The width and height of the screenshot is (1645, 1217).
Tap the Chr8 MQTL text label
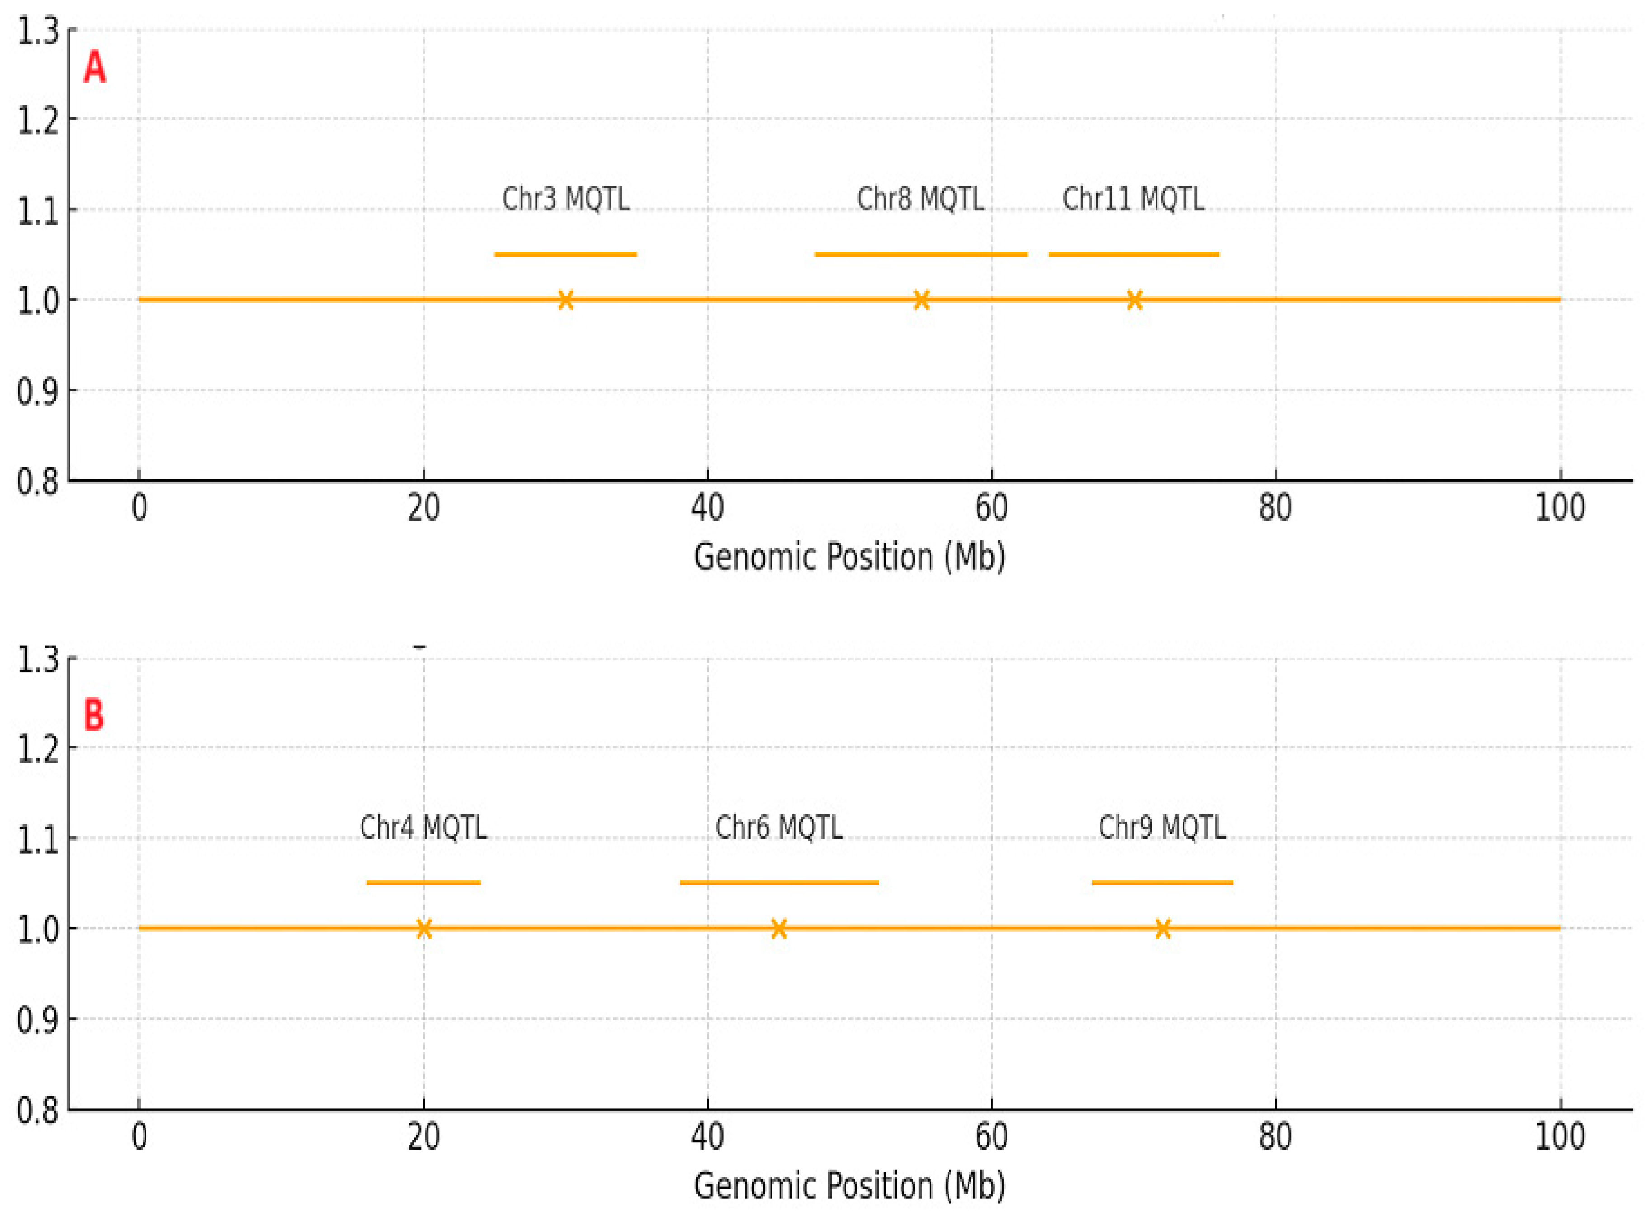coord(920,199)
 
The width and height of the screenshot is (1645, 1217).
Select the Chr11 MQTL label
coord(1133,199)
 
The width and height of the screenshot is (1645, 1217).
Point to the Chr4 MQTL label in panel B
coord(423,827)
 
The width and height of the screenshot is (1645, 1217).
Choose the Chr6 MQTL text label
coord(779,827)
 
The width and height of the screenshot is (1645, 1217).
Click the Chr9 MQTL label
coord(1162,827)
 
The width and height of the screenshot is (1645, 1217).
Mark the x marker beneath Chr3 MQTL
coord(565,300)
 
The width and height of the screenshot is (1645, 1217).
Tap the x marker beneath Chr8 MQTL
coord(921,300)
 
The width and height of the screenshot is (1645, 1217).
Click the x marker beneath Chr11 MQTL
coord(1134,300)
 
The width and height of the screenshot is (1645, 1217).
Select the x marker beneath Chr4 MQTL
coord(423,928)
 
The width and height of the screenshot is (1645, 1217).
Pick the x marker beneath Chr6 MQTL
coord(779,928)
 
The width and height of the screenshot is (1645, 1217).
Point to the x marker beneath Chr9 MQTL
coord(1162,928)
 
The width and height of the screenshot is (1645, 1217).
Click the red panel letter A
coord(94,68)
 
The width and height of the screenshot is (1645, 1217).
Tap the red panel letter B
coord(94,714)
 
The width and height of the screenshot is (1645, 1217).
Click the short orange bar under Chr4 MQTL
coord(423,883)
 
